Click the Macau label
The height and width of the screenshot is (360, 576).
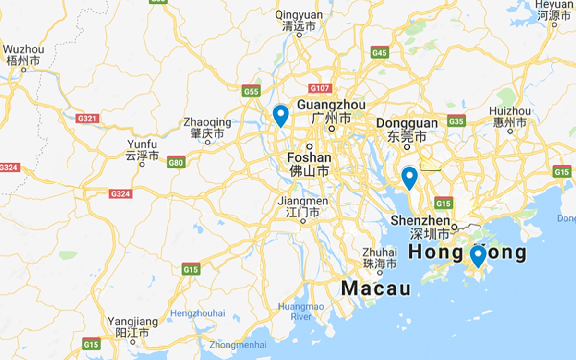pyautogui.click(x=376, y=288)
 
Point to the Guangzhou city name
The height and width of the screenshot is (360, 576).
pyautogui.click(x=331, y=105)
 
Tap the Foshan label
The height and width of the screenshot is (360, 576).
pyautogui.click(x=309, y=158)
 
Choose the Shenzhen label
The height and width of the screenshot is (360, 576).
pyautogui.click(x=420, y=221)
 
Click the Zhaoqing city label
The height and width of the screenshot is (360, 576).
pyautogui.click(x=207, y=123)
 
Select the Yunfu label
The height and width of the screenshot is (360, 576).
pyautogui.click(x=142, y=144)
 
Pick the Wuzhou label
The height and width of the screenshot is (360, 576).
pyautogui.click(x=23, y=49)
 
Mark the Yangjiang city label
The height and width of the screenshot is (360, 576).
pyautogui.click(x=132, y=322)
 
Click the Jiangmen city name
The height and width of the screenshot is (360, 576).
pyautogui.click(x=303, y=201)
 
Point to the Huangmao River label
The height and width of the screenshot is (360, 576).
pyautogui.click(x=301, y=312)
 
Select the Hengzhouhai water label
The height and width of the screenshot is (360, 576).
pyautogui.click(x=197, y=313)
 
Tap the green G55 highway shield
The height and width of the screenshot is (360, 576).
pyautogui.click(x=251, y=91)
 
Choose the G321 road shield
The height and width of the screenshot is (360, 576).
pyautogui.click(x=87, y=118)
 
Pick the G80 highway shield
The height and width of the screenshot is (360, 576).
pyautogui.click(x=176, y=163)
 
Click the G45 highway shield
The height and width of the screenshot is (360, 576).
pyautogui.click(x=379, y=52)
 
